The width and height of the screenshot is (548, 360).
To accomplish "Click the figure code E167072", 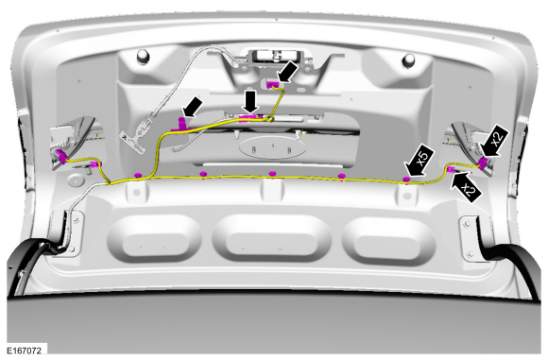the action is click(x=25, y=351).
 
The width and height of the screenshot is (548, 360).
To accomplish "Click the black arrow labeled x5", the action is click(x=420, y=162).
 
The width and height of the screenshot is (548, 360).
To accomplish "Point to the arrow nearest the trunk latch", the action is click(x=287, y=73).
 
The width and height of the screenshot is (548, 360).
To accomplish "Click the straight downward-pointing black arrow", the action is click(x=251, y=102).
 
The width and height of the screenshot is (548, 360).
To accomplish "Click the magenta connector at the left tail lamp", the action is click(x=61, y=156).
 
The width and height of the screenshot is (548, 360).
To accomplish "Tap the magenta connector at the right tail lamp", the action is click(x=484, y=163).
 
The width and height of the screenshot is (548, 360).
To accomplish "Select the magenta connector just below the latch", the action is click(x=273, y=85).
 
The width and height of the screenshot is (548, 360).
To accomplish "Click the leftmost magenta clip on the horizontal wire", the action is click(x=138, y=175).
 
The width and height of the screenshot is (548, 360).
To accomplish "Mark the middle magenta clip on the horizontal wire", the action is click(x=272, y=174).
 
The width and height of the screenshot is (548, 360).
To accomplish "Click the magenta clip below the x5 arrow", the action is click(x=406, y=180).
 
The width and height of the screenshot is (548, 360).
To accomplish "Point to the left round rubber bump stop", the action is click(x=143, y=56).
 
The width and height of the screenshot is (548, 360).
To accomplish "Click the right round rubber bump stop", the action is click(x=408, y=60).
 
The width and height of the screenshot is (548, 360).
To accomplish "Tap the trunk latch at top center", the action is click(x=276, y=57).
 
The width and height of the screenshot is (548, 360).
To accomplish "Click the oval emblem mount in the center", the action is click(x=272, y=147).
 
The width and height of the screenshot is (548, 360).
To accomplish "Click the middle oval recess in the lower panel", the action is click(x=271, y=238).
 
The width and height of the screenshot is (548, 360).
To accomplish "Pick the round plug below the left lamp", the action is click(x=75, y=180).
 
